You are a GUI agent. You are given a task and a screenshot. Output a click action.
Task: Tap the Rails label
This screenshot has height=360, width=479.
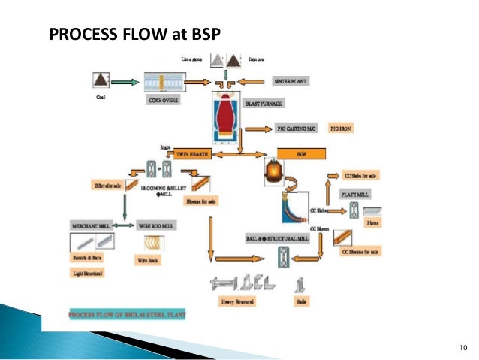coord(300,301)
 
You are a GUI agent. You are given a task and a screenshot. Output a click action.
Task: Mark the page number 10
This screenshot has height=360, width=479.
coord(462,346)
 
